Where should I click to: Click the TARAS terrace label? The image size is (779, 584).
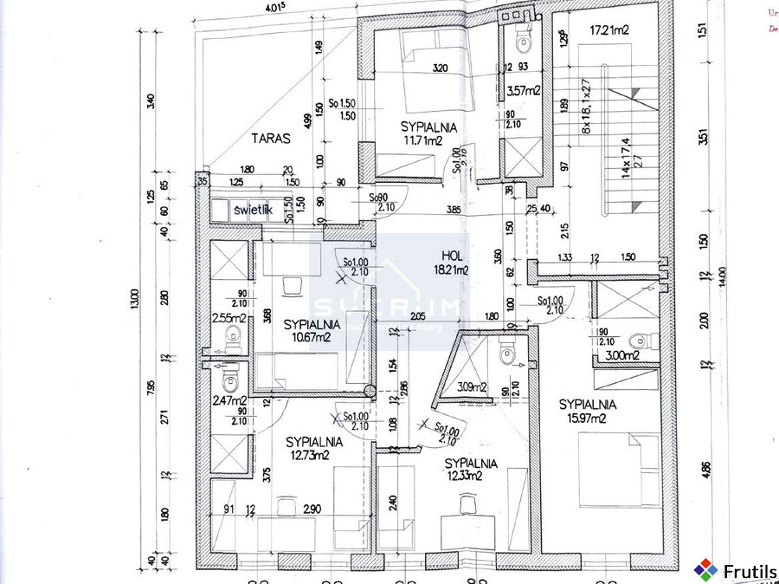271,137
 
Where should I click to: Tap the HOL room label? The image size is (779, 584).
452,256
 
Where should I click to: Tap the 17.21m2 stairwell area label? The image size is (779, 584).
609,30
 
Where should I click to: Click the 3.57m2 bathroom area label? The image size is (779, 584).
524,90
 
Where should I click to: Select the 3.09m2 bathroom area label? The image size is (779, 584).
472,387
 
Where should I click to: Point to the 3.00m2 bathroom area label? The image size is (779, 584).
622,355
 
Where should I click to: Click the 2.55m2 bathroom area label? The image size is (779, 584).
229,318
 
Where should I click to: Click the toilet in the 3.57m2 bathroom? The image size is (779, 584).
524,38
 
